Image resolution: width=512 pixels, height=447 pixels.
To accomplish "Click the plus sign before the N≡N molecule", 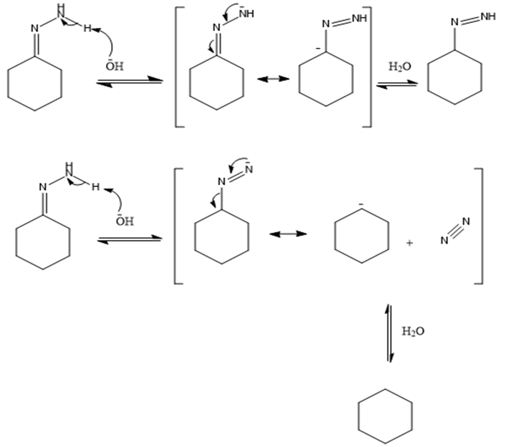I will (x=409, y=243).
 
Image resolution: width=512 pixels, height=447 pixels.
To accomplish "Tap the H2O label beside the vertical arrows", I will (x=413, y=331).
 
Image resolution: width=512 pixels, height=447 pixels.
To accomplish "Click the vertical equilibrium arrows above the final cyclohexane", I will (x=389, y=333).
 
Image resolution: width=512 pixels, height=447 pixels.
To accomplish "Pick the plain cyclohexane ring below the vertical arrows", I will (x=385, y=416).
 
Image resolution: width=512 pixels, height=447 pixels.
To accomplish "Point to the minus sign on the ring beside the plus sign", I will (x=360, y=204).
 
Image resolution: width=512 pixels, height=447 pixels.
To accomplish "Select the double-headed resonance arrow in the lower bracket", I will (x=288, y=233).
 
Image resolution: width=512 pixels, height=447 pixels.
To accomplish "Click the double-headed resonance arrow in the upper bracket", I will (x=273, y=79).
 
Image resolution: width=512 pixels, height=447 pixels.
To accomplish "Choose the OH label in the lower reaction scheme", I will (x=125, y=221).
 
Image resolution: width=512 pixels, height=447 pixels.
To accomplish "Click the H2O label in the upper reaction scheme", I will (x=399, y=66).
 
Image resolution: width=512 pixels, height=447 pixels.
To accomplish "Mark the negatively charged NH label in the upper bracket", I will (x=246, y=14).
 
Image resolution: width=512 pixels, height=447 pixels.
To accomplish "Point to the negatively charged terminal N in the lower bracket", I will (x=249, y=169).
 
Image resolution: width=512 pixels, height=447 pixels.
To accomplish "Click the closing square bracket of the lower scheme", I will (x=479, y=226).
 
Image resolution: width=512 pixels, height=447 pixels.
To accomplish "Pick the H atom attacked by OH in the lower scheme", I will (x=96, y=186).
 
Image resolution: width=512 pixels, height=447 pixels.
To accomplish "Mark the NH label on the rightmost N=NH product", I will (x=488, y=16).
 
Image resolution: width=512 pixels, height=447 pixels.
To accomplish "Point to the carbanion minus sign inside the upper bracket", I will (x=318, y=48).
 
